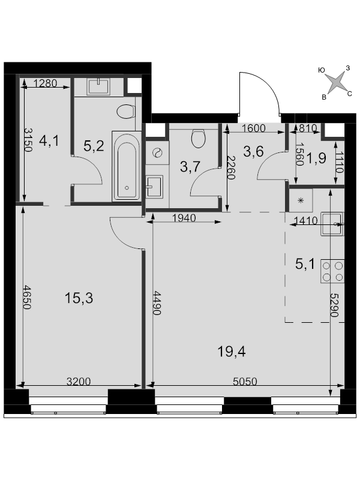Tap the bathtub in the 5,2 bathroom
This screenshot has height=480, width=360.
pos(126,167)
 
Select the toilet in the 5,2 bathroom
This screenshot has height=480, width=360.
pos(125,112)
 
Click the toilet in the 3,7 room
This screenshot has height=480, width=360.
pos(198,139)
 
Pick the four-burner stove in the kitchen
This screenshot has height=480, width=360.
pos(333,271)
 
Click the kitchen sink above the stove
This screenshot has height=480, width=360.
pos(332,223)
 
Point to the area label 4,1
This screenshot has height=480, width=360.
pos(48,142)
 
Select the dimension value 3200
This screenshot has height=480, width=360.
pos(79,381)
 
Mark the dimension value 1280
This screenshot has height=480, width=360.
pos(45,84)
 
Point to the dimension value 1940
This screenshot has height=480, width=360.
pos(184,218)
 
